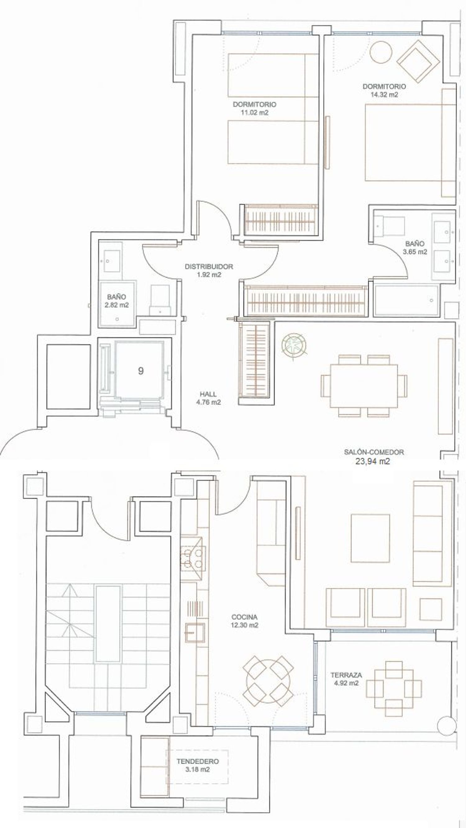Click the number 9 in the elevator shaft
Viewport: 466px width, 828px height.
coord(140,371)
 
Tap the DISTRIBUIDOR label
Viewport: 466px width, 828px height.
coord(209,266)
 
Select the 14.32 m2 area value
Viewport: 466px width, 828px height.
coord(384,94)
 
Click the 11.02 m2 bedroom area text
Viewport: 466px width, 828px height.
coord(254,112)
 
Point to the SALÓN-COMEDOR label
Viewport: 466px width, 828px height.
coord(374,452)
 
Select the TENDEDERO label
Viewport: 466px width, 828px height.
coord(198,762)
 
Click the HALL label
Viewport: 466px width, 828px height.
coord(208,394)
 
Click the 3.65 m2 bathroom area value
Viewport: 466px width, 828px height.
coord(415,252)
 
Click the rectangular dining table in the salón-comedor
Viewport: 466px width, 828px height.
coord(364,386)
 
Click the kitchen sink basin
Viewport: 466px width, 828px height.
coord(195,632)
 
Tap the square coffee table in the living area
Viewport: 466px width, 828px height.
coord(370,543)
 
